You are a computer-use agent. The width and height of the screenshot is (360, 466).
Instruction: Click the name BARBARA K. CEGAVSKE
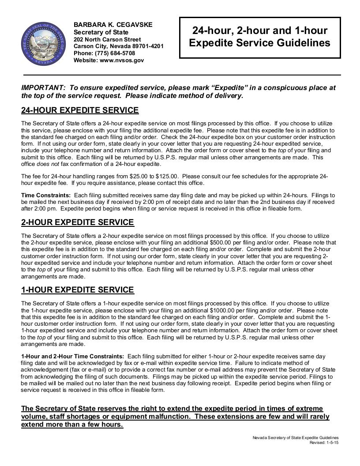click(x=112, y=25)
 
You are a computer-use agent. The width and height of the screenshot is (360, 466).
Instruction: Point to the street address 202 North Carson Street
click(x=107, y=39)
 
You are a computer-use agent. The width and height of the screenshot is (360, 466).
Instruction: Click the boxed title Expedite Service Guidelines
click(x=259, y=37)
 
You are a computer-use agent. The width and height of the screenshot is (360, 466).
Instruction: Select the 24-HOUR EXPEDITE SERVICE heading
click(x=80, y=110)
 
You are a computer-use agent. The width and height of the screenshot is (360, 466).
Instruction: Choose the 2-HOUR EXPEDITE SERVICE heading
click(x=77, y=222)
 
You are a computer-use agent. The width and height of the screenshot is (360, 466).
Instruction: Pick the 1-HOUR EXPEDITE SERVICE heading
click(x=77, y=290)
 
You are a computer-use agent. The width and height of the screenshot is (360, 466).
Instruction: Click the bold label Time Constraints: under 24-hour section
click(x=46, y=195)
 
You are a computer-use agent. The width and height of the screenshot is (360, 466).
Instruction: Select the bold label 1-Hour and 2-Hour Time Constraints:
click(x=72, y=356)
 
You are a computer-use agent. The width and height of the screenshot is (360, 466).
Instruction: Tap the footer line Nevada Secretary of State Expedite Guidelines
click(x=296, y=438)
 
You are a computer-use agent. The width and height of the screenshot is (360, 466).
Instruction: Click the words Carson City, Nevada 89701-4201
click(x=119, y=46)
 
